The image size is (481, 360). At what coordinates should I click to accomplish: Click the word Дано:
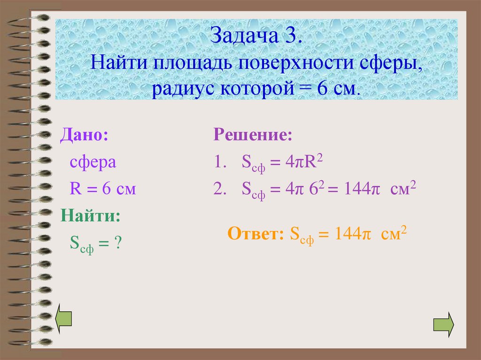83,136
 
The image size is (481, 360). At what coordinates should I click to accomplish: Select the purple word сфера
93,162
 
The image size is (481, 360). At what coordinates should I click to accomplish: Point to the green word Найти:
90,216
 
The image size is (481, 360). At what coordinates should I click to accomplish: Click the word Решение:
253,136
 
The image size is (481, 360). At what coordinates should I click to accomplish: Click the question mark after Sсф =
118,243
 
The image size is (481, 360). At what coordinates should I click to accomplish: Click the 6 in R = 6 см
106,190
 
